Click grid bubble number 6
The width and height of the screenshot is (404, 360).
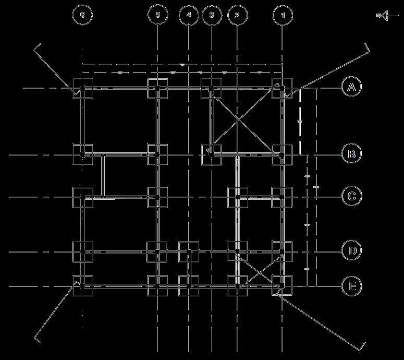coord(82,15)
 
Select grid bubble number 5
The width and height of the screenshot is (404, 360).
coord(158,15)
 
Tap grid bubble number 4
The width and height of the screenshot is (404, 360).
coord(189,15)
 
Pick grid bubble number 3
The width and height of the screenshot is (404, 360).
coord(212,15)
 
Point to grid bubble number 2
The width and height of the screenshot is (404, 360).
coord(237,15)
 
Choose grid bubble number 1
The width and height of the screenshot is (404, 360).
coord(283,15)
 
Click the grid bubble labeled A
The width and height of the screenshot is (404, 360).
coord(352,87)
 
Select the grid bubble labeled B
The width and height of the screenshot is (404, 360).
coord(352,154)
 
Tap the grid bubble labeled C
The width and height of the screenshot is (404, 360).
coord(352,196)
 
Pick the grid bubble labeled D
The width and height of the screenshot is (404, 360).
coord(352,251)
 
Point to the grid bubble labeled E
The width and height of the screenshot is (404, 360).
coord(352,286)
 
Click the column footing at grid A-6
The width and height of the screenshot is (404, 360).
coord(82,89)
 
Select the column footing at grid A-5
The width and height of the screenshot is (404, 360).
coord(157,89)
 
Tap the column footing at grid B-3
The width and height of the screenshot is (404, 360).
coord(212,154)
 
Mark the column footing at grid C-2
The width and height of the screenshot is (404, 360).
coord(238,197)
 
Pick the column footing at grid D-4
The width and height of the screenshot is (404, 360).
coord(189,251)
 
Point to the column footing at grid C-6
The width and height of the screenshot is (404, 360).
coord(82,197)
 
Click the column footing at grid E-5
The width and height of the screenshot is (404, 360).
coord(157,286)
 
